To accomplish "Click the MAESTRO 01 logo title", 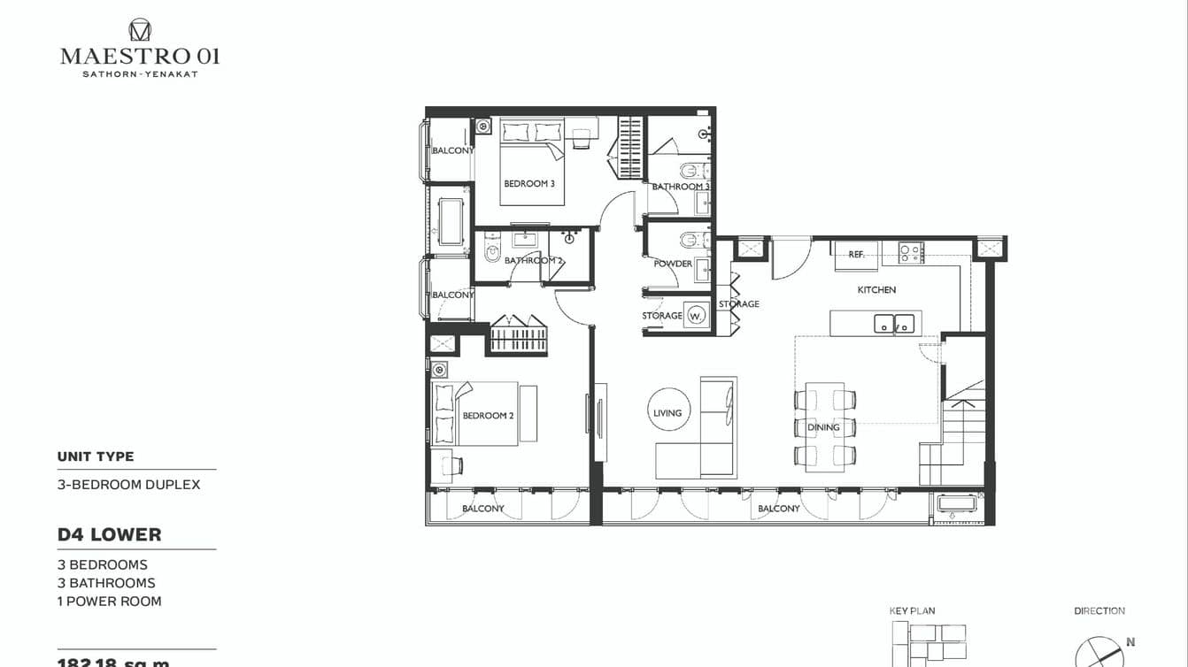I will click(x=140, y=56).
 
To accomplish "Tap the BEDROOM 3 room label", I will click(x=529, y=184).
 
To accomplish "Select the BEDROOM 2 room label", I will click(x=488, y=416).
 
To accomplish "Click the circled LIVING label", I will click(x=667, y=413).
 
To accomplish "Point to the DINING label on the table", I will click(x=823, y=428).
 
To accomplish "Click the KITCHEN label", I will click(x=876, y=290).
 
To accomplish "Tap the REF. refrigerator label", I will click(x=856, y=255).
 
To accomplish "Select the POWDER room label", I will click(x=673, y=264).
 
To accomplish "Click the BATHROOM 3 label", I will click(x=681, y=187).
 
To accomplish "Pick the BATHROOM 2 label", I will click(x=534, y=261).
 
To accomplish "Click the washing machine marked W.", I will click(x=697, y=316).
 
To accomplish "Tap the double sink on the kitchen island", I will click(x=894, y=324).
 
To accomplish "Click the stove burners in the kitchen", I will click(x=911, y=253).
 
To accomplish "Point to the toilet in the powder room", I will click(x=690, y=240).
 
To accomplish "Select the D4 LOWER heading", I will click(x=110, y=535).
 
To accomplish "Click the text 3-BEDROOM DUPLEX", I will click(x=129, y=485).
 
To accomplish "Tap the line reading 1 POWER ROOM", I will click(x=110, y=602).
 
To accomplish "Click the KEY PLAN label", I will click(x=912, y=611).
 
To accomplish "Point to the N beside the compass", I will click(x=1130, y=643).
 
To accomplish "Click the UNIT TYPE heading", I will click(x=96, y=456).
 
